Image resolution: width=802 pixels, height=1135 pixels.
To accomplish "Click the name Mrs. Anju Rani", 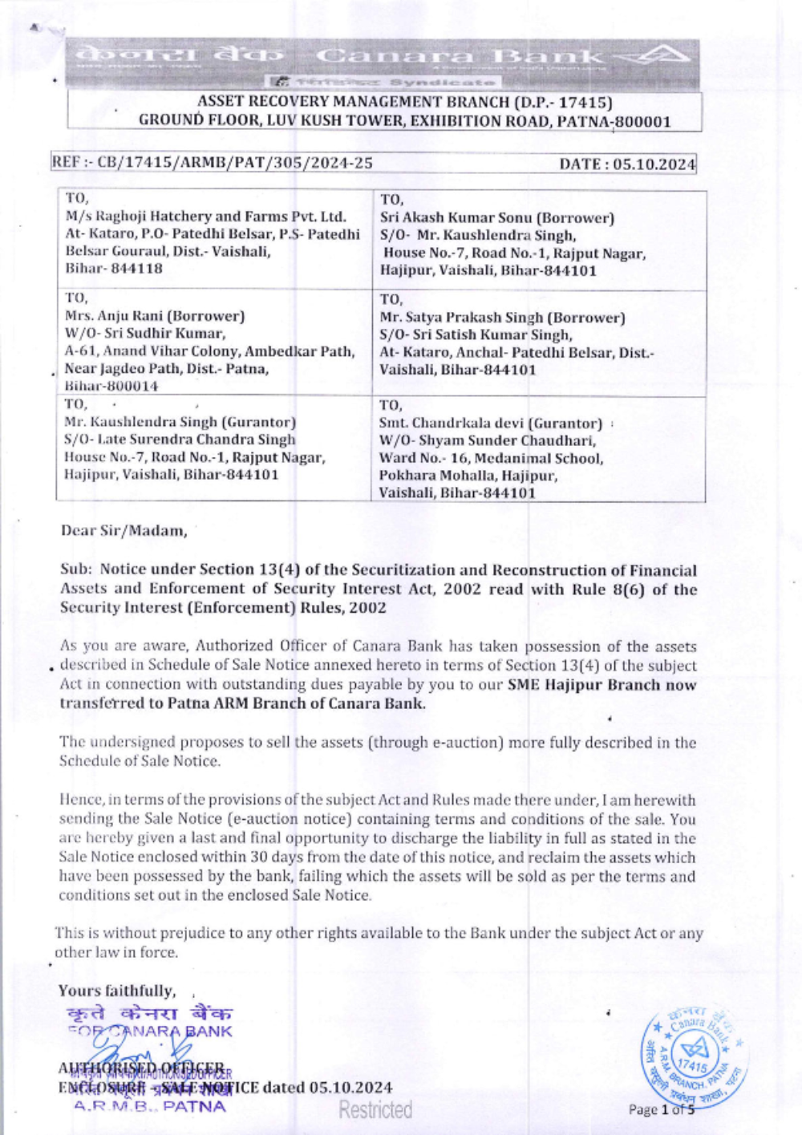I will pos(113,316).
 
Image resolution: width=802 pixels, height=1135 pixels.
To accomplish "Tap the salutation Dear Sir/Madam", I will pos(124,530).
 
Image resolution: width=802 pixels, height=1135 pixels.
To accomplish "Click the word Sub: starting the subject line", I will pos(76,570).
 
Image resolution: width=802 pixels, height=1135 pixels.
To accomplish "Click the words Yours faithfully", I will pos(116,991).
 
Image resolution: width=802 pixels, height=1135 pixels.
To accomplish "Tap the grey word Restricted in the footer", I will pos(375,1110).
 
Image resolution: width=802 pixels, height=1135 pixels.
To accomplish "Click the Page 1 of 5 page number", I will pos(662,1110).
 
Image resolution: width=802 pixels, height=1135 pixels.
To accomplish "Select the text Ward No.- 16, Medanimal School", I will pos(491,459).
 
